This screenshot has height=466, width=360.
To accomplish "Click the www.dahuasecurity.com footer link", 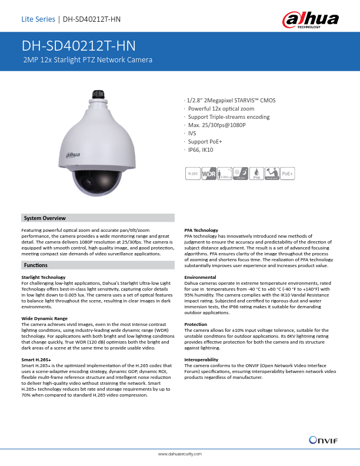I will pos(180,454).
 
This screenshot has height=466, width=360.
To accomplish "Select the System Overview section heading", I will pos(44,218).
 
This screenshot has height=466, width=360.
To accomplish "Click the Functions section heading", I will pos(36,266).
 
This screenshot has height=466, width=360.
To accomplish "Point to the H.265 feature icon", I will pos(192,174).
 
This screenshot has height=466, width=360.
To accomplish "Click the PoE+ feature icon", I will pos(288,174).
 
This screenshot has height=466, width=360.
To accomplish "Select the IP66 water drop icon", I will pos(256,174).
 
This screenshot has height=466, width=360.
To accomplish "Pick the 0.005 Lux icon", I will pos(224,174).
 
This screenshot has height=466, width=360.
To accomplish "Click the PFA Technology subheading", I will pos(201,230).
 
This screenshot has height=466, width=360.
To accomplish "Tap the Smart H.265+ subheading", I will pos(36,358).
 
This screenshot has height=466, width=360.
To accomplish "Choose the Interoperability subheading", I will pos(202,358).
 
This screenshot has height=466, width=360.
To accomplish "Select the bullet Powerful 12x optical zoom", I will pos(221,109).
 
